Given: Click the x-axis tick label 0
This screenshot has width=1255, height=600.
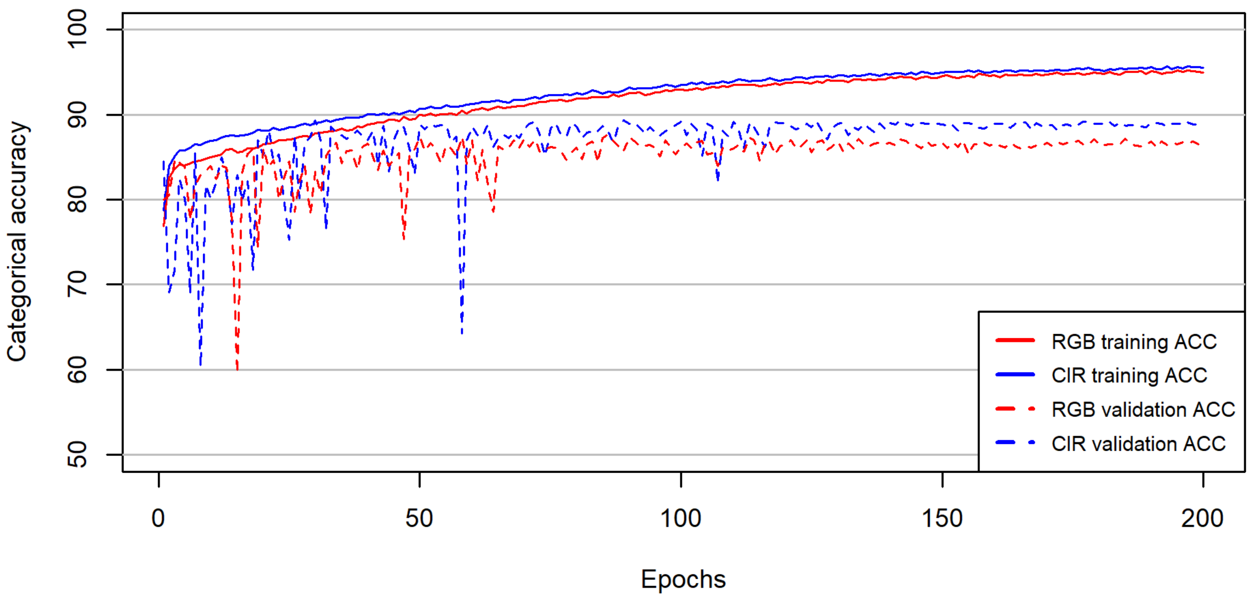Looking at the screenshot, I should (158, 518).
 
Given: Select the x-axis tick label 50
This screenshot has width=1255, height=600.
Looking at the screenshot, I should (419, 518).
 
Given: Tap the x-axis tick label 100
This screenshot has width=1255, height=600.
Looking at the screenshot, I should (681, 518).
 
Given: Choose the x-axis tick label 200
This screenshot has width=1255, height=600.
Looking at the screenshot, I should (1202, 518).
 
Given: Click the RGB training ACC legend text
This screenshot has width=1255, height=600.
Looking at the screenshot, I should (1134, 341).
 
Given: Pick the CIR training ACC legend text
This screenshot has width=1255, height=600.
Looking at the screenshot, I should (1129, 375).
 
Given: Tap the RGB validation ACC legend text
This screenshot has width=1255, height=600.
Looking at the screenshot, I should (1143, 409).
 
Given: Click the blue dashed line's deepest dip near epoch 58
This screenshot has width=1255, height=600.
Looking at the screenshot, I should (462, 332).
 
